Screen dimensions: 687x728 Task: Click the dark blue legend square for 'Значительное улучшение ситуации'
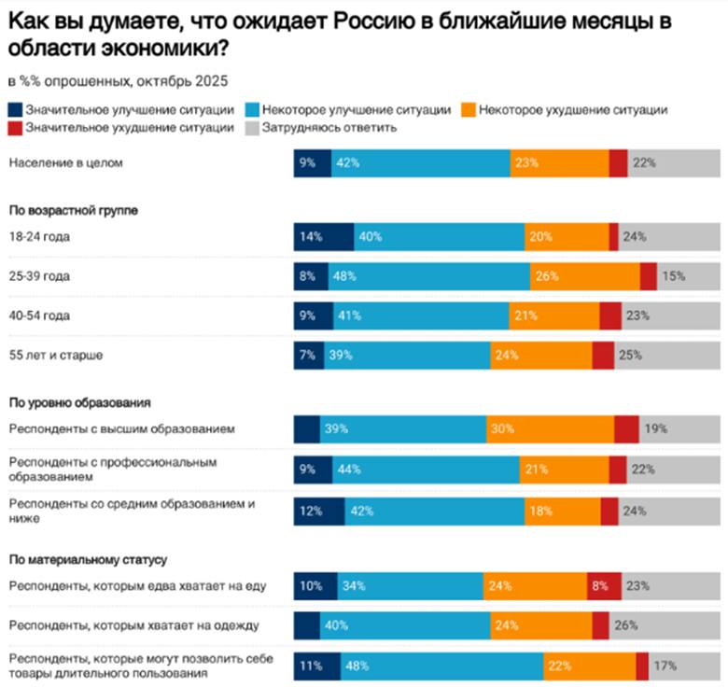point(13,110)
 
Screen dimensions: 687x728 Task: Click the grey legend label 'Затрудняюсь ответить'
point(329,128)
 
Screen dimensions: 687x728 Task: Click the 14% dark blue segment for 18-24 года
point(323,237)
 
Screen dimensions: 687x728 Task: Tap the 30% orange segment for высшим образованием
point(550,429)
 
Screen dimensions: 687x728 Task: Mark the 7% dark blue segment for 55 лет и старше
point(308,356)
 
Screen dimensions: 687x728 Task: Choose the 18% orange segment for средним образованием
point(562,511)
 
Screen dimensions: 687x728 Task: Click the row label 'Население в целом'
point(65,162)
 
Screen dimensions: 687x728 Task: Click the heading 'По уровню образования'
point(79,402)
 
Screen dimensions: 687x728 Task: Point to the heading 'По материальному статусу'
point(87,559)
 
